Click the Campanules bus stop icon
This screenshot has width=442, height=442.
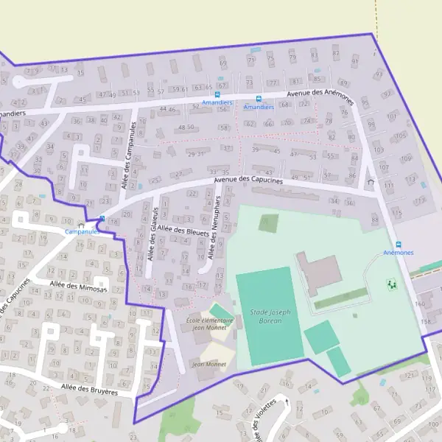pos(102,218)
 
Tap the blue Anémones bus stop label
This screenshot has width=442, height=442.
pos(399,253)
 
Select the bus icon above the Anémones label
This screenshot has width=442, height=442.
pos(399,245)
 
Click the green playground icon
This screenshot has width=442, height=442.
pos(392,282)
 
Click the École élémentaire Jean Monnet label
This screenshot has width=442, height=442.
pos(210,325)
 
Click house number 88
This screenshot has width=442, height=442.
pos(375,220)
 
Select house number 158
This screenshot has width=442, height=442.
pos(424,322)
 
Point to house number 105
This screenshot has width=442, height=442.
pos(401,136)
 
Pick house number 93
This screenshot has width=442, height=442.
pos(379,74)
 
